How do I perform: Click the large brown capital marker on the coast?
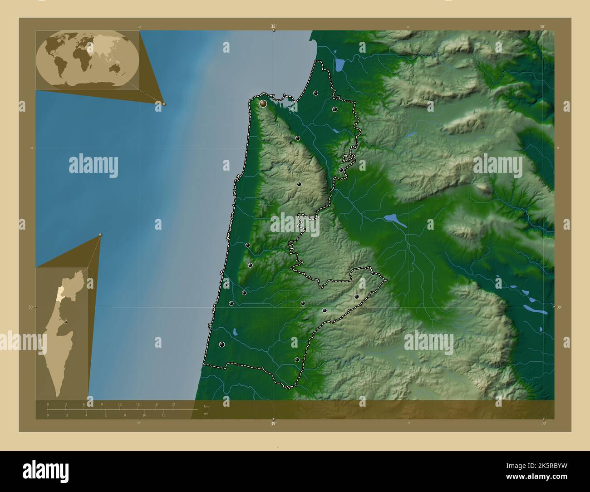click(x=263, y=103)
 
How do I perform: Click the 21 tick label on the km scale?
click(x=173, y=404)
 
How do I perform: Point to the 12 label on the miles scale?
click(x=163, y=415)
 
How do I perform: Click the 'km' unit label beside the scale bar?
click(x=206, y=406)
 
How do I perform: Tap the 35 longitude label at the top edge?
click(x=274, y=26)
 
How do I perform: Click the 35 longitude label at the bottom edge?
click(x=273, y=424)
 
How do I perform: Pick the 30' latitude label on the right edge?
click(x=559, y=307)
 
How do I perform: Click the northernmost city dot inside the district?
click(x=315, y=93)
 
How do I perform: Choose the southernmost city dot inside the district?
click(x=297, y=360)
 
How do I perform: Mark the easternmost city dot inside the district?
click(x=373, y=273)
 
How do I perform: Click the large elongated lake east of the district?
click(x=395, y=220)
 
